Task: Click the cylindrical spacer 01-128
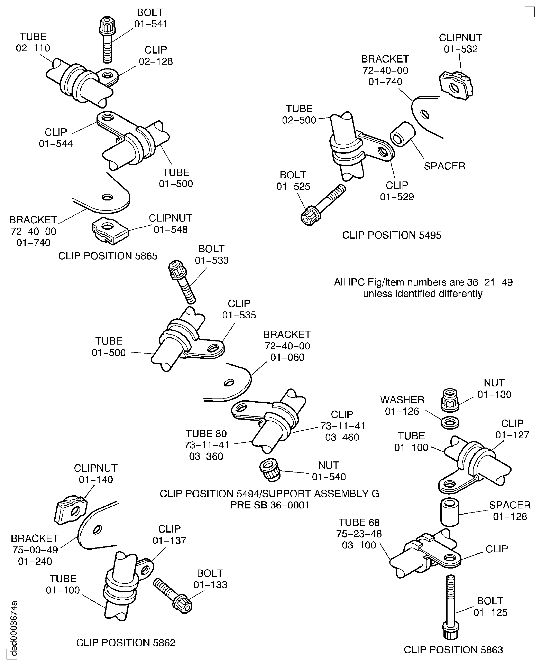[x=450, y=513]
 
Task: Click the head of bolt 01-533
[x=177, y=270]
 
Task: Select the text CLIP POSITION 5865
[x=108, y=256]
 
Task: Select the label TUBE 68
[x=359, y=522]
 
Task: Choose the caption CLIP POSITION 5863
[x=453, y=650]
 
